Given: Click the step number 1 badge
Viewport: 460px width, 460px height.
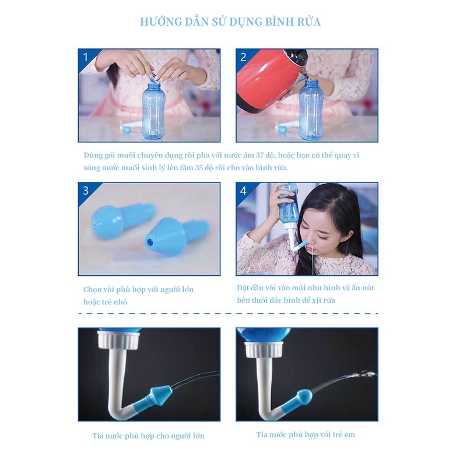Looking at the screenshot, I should click(86, 57).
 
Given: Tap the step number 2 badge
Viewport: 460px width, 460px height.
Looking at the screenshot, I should click(243, 57).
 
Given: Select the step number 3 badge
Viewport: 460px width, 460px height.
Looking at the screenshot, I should click(86, 191).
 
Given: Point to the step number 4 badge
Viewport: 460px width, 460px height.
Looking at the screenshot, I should click(243, 191).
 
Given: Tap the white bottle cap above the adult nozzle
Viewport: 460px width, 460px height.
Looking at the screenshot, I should click(120, 340).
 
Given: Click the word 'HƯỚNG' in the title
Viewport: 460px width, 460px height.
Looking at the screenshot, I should click(159, 22).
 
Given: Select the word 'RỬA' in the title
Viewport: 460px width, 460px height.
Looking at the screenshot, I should click(308, 22).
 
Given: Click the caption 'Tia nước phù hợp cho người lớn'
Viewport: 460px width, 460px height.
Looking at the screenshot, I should click(148, 436).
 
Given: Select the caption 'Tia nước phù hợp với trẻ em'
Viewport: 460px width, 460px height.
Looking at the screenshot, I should click(306, 434).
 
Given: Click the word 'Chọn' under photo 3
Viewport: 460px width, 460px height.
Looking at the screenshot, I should click(93, 289).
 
